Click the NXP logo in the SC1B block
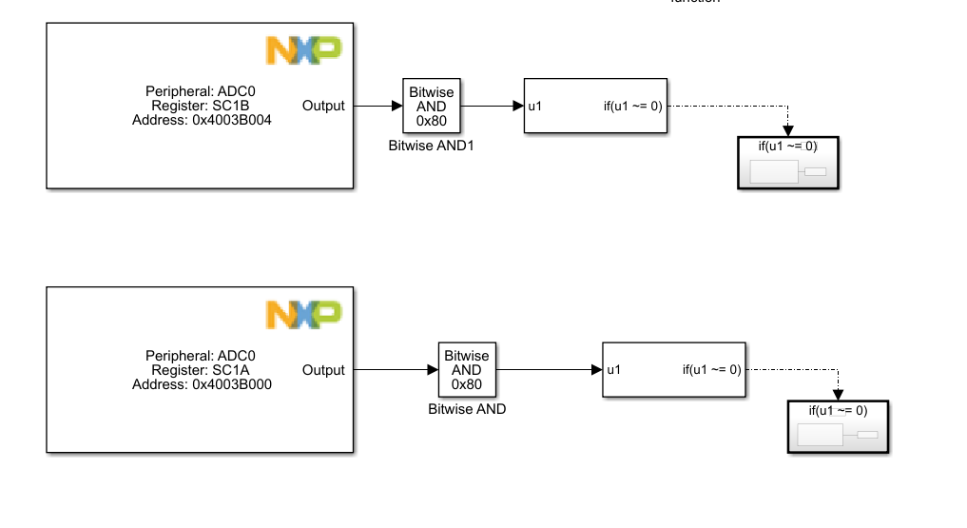[303, 50]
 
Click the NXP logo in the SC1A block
[303, 314]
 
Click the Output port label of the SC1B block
[323, 106]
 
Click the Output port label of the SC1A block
[323, 370]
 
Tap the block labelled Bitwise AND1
[431, 106]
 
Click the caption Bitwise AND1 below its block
[431, 147]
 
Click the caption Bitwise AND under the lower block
[467, 410]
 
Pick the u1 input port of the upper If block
[535, 106]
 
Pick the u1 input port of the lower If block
[614, 370]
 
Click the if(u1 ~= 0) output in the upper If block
[632, 106]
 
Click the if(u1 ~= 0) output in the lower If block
[711, 370]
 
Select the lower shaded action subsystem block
[838, 427]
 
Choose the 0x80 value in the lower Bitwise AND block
[467, 384]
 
